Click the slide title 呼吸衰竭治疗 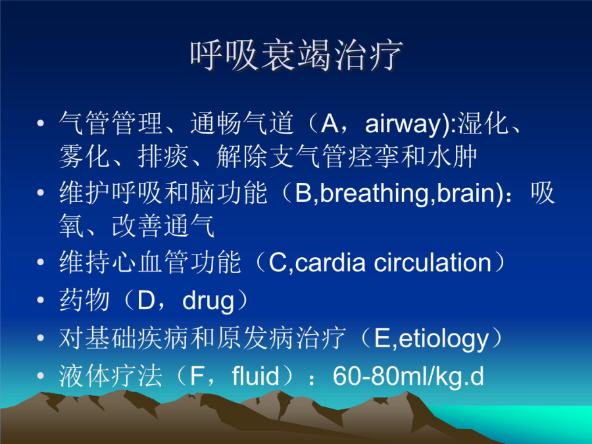(297, 56)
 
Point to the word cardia (330, 262)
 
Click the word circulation (433, 262)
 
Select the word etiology (443, 339)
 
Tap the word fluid (256, 376)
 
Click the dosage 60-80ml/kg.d (408, 377)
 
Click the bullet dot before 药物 (40, 300)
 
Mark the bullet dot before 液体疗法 (40, 376)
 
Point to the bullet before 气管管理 (40, 123)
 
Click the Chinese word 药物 (85, 301)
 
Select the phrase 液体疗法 (111, 376)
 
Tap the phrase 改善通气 (163, 226)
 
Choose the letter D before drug (147, 301)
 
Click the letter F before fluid (197, 376)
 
